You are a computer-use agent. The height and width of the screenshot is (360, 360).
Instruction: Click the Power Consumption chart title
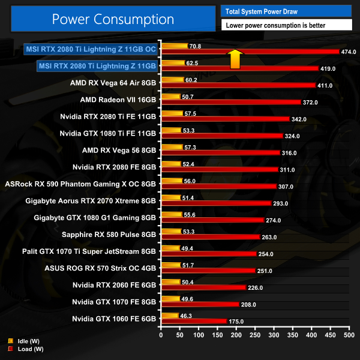pyautogui.click(x=113, y=19)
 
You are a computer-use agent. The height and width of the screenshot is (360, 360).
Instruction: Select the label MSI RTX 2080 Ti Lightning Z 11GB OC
pyautogui.click(x=90, y=49)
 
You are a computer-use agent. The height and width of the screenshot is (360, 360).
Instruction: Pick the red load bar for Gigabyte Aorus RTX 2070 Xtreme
pyautogui.click(x=216, y=203)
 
